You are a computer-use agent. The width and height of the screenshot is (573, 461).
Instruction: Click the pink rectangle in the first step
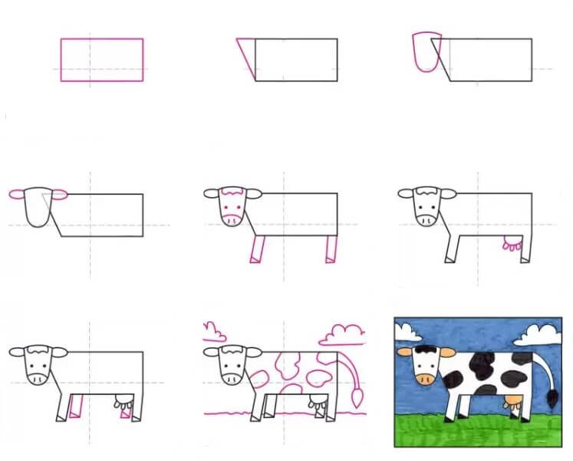(x=102, y=60)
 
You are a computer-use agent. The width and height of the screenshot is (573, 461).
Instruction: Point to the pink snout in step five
(x=233, y=219)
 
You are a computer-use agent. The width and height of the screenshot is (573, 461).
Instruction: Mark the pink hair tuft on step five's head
(x=233, y=192)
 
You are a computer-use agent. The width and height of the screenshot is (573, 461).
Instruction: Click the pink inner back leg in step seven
(x=124, y=411)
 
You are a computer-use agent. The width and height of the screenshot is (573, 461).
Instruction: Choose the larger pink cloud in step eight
(x=341, y=334)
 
